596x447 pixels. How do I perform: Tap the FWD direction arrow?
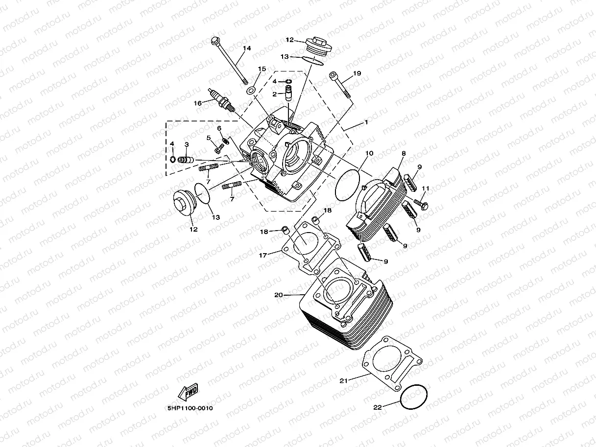tap(188, 391)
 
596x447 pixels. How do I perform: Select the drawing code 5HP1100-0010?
tap(190, 407)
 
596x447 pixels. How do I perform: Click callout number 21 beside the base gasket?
tap(343, 380)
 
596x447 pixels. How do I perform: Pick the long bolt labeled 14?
tap(229, 61)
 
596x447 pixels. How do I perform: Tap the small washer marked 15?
tap(251, 90)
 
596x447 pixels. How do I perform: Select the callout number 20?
tap(279, 295)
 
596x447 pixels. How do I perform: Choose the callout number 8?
tap(403, 153)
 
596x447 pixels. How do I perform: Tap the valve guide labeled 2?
tap(289, 93)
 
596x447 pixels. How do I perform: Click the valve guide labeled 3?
tap(186, 160)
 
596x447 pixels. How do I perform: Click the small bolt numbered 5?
tap(217, 149)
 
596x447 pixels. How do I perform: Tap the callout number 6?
tap(219, 128)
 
